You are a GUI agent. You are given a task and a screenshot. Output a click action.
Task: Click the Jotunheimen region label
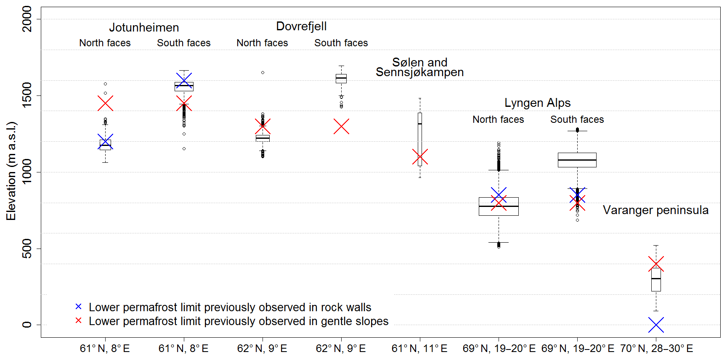[x=144, y=28]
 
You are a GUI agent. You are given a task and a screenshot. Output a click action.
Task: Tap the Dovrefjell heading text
[x=301, y=26]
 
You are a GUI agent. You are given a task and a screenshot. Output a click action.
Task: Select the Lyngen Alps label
[x=537, y=103]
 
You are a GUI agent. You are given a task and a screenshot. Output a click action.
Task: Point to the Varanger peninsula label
[x=655, y=210]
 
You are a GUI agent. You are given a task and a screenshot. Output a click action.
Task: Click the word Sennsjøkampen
[x=419, y=72]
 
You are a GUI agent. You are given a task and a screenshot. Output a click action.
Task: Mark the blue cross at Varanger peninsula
[x=656, y=325]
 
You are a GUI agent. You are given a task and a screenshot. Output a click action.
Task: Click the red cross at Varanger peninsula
[x=656, y=264]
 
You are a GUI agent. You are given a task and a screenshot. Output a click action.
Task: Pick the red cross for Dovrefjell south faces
[x=341, y=127]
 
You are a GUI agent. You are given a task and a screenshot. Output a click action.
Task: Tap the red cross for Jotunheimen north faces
[x=105, y=103]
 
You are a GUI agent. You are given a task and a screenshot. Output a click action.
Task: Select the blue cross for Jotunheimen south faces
[x=184, y=80]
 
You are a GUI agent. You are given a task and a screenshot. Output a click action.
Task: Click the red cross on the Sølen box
[x=420, y=157]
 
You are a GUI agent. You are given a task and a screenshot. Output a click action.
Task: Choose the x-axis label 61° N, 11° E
[x=419, y=349]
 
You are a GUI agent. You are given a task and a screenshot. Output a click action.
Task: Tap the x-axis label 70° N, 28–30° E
[x=656, y=349]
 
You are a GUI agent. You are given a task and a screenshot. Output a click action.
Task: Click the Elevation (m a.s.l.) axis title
[x=11, y=171]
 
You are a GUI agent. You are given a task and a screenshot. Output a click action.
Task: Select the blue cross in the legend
[x=78, y=307]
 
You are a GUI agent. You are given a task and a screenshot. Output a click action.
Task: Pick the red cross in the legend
[x=78, y=320]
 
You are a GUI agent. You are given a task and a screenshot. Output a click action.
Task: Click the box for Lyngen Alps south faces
[x=577, y=160]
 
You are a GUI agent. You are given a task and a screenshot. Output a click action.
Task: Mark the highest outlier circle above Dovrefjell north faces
[x=263, y=72]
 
